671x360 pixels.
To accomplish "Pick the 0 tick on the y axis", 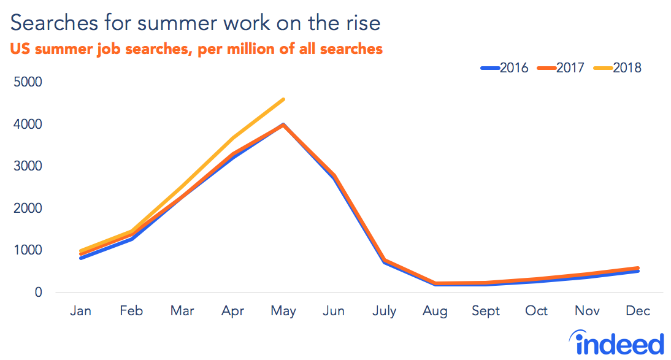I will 38,293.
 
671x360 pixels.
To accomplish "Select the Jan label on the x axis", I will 80,311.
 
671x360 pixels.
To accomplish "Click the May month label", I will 283,311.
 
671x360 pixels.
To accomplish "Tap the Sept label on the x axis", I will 485,311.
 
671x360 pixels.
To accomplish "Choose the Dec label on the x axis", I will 637,311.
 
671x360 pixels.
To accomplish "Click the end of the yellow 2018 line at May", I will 283,99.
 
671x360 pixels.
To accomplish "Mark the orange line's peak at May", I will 283,124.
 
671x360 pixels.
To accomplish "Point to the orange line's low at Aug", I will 435,284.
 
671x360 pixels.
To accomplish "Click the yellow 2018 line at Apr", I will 232,138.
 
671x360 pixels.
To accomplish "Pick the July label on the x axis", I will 385,311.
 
